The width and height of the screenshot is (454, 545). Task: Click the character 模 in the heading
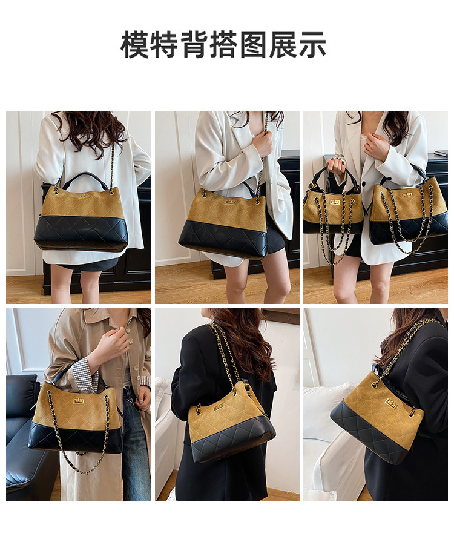(x=135, y=45)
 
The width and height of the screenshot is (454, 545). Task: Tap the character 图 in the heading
(x=253, y=45)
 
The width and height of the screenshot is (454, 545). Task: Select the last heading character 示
(x=312, y=45)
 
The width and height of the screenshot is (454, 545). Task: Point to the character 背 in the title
(x=194, y=45)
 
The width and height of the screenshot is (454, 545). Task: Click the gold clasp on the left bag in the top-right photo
(x=335, y=202)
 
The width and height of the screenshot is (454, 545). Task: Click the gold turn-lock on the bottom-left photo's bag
(x=78, y=401)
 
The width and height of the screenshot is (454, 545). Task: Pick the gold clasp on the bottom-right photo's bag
(x=392, y=405)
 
